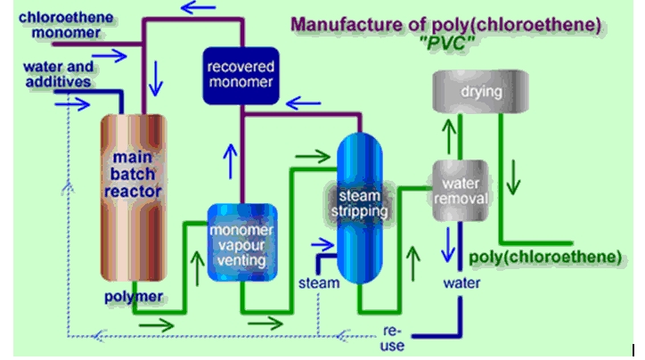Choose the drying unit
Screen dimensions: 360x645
point(467,92)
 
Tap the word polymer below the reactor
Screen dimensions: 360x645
point(132,295)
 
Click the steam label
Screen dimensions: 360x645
point(318,283)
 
